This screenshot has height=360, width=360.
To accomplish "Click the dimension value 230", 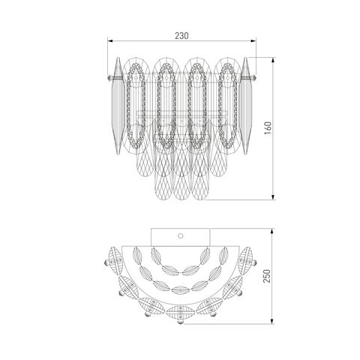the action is (x=181, y=36).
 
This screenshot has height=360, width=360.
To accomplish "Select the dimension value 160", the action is (x=268, y=128).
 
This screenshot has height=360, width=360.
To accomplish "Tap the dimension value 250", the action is (x=267, y=276).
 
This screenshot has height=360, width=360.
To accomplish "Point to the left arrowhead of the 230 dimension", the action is (x=110, y=40).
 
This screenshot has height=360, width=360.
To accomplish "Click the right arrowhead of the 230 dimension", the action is (x=253, y=40).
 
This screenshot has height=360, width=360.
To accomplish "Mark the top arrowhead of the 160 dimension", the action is (x=273, y=60).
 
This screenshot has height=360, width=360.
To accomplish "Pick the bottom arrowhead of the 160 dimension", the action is (x=273, y=196).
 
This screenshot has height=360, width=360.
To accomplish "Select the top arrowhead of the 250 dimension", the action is (x=272, y=231).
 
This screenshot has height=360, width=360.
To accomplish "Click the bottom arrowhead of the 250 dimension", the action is (x=272, y=321).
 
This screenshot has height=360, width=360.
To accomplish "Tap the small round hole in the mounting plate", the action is (x=181, y=235).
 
